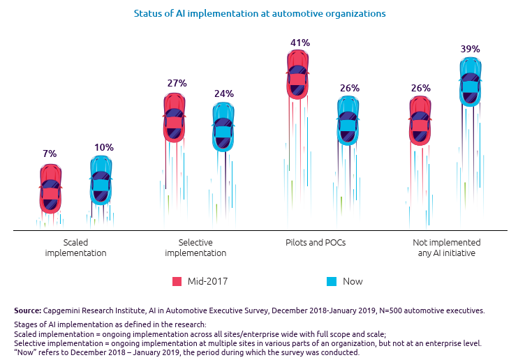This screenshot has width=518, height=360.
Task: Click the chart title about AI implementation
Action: (x=259, y=13)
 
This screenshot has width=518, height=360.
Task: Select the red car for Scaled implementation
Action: (x=50, y=189)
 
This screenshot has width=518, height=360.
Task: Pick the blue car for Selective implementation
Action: (x=223, y=126)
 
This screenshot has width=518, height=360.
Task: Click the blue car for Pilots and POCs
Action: (x=349, y=121)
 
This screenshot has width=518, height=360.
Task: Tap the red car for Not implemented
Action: (x=420, y=121)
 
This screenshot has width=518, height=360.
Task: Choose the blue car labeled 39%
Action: (x=471, y=82)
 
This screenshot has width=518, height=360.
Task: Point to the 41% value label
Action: (x=299, y=43)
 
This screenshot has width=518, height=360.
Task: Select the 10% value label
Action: (x=103, y=147)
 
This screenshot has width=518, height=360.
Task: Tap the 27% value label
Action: (x=177, y=83)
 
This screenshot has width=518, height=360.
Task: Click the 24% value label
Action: (x=224, y=93)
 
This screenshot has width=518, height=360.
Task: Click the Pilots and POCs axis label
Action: (x=315, y=243)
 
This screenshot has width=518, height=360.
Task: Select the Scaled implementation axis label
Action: (x=75, y=248)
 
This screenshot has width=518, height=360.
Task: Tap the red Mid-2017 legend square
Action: (x=177, y=282)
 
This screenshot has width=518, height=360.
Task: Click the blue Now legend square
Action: (x=332, y=282)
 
